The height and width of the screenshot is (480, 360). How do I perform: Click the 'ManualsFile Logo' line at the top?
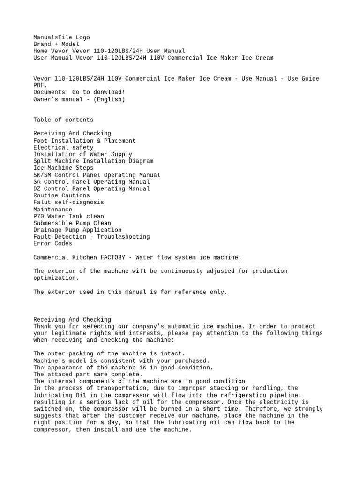(x=61, y=37)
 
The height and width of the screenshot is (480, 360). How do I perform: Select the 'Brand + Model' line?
(x=56, y=44)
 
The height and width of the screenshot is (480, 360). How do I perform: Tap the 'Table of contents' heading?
(x=63, y=120)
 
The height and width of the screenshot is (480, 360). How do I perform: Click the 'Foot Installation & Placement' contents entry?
(x=84, y=141)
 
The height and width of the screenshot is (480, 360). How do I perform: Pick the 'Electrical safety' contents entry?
(x=63, y=147)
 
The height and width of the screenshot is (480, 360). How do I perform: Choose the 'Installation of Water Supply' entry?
(x=82, y=154)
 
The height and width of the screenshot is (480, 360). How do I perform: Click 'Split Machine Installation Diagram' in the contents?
(x=93, y=161)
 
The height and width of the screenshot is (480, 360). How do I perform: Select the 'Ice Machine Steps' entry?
(x=63, y=168)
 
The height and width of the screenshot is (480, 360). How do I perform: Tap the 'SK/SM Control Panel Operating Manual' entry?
(x=97, y=175)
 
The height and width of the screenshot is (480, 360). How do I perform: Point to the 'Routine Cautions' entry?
(x=61, y=195)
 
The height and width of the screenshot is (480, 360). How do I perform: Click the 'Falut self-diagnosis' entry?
(x=68, y=202)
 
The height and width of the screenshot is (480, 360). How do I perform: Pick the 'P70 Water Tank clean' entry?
(x=68, y=216)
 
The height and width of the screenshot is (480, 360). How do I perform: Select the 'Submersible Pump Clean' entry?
(x=72, y=223)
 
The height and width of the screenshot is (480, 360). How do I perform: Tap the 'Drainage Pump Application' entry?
(x=77, y=230)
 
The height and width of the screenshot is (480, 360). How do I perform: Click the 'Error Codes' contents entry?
(x=53, y=243)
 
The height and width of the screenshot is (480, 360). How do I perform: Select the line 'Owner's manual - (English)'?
(x=79, y=99)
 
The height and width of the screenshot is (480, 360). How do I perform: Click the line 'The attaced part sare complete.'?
(x=88, y=375)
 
